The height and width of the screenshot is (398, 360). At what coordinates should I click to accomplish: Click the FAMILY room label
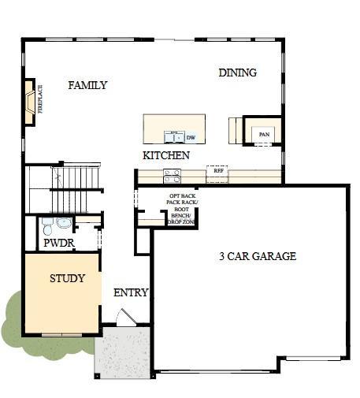click(x=87, y=85)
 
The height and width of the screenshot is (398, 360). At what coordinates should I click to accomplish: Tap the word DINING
click(x=237, y=73)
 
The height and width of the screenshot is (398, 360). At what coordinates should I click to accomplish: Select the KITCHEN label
click(x=165, y=155)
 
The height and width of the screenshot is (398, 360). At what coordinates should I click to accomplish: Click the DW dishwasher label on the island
click(x=191, y=137)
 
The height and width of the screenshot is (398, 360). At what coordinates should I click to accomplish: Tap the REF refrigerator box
click(x=217, y=169)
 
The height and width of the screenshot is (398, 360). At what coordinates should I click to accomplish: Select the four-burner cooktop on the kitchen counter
click(x=172, y=175)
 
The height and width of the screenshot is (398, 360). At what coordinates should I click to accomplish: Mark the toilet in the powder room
click(x=47, y=227)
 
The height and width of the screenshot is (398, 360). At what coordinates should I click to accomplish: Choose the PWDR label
click(x=58, y=244)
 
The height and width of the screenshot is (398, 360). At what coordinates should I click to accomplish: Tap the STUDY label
click(x=67, y=278)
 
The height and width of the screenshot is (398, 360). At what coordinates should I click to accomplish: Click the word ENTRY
click(x=131, y=292)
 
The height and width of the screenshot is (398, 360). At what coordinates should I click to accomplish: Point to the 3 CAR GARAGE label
click(x=257, y=256)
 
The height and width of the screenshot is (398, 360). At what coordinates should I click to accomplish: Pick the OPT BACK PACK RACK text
click(x=182, y=199)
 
